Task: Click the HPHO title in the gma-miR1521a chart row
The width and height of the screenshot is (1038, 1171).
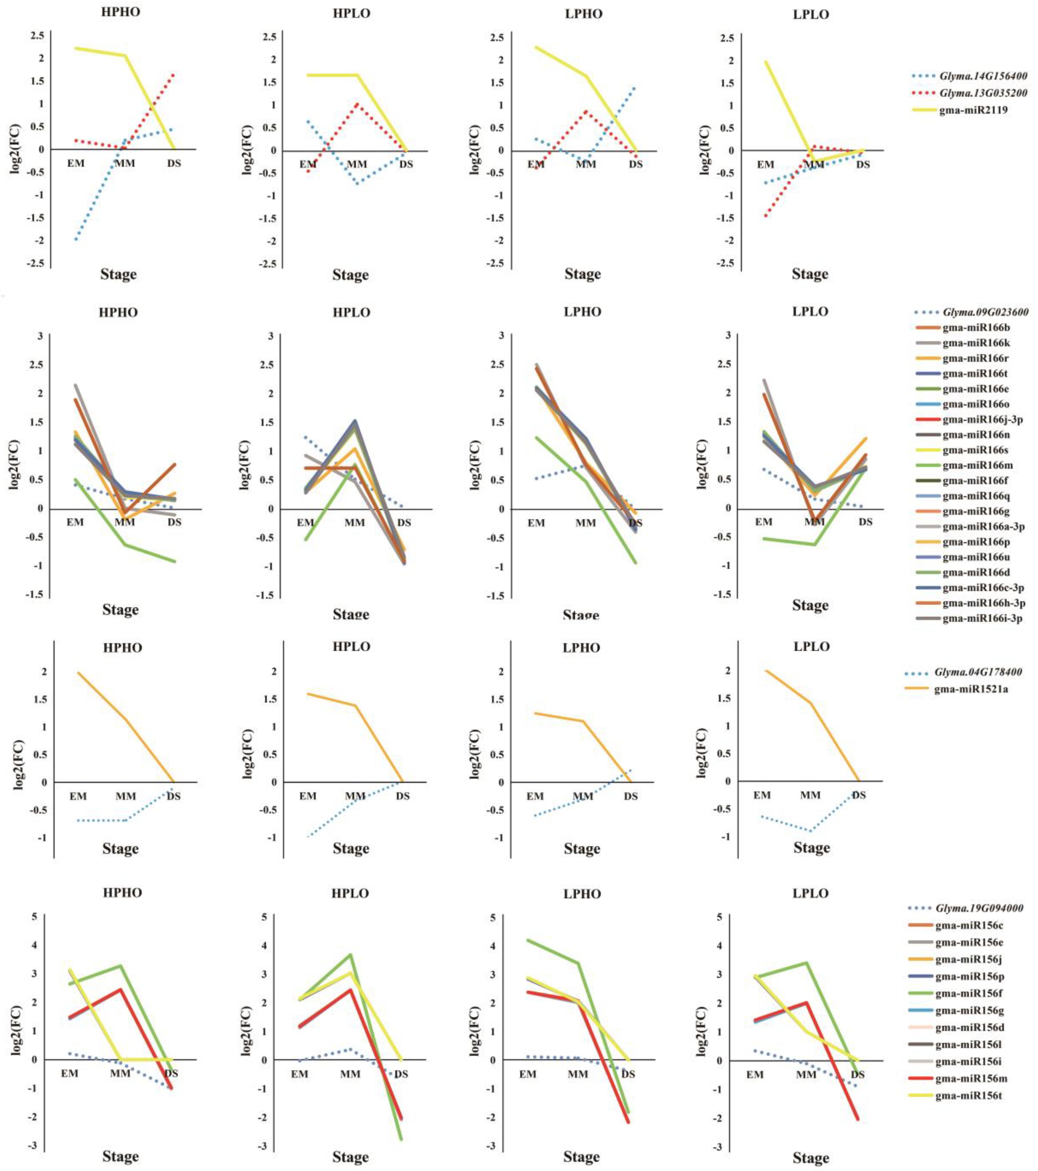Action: [x=122, y=648]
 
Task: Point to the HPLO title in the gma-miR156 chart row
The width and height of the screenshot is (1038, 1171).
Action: [x=350, y=893]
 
